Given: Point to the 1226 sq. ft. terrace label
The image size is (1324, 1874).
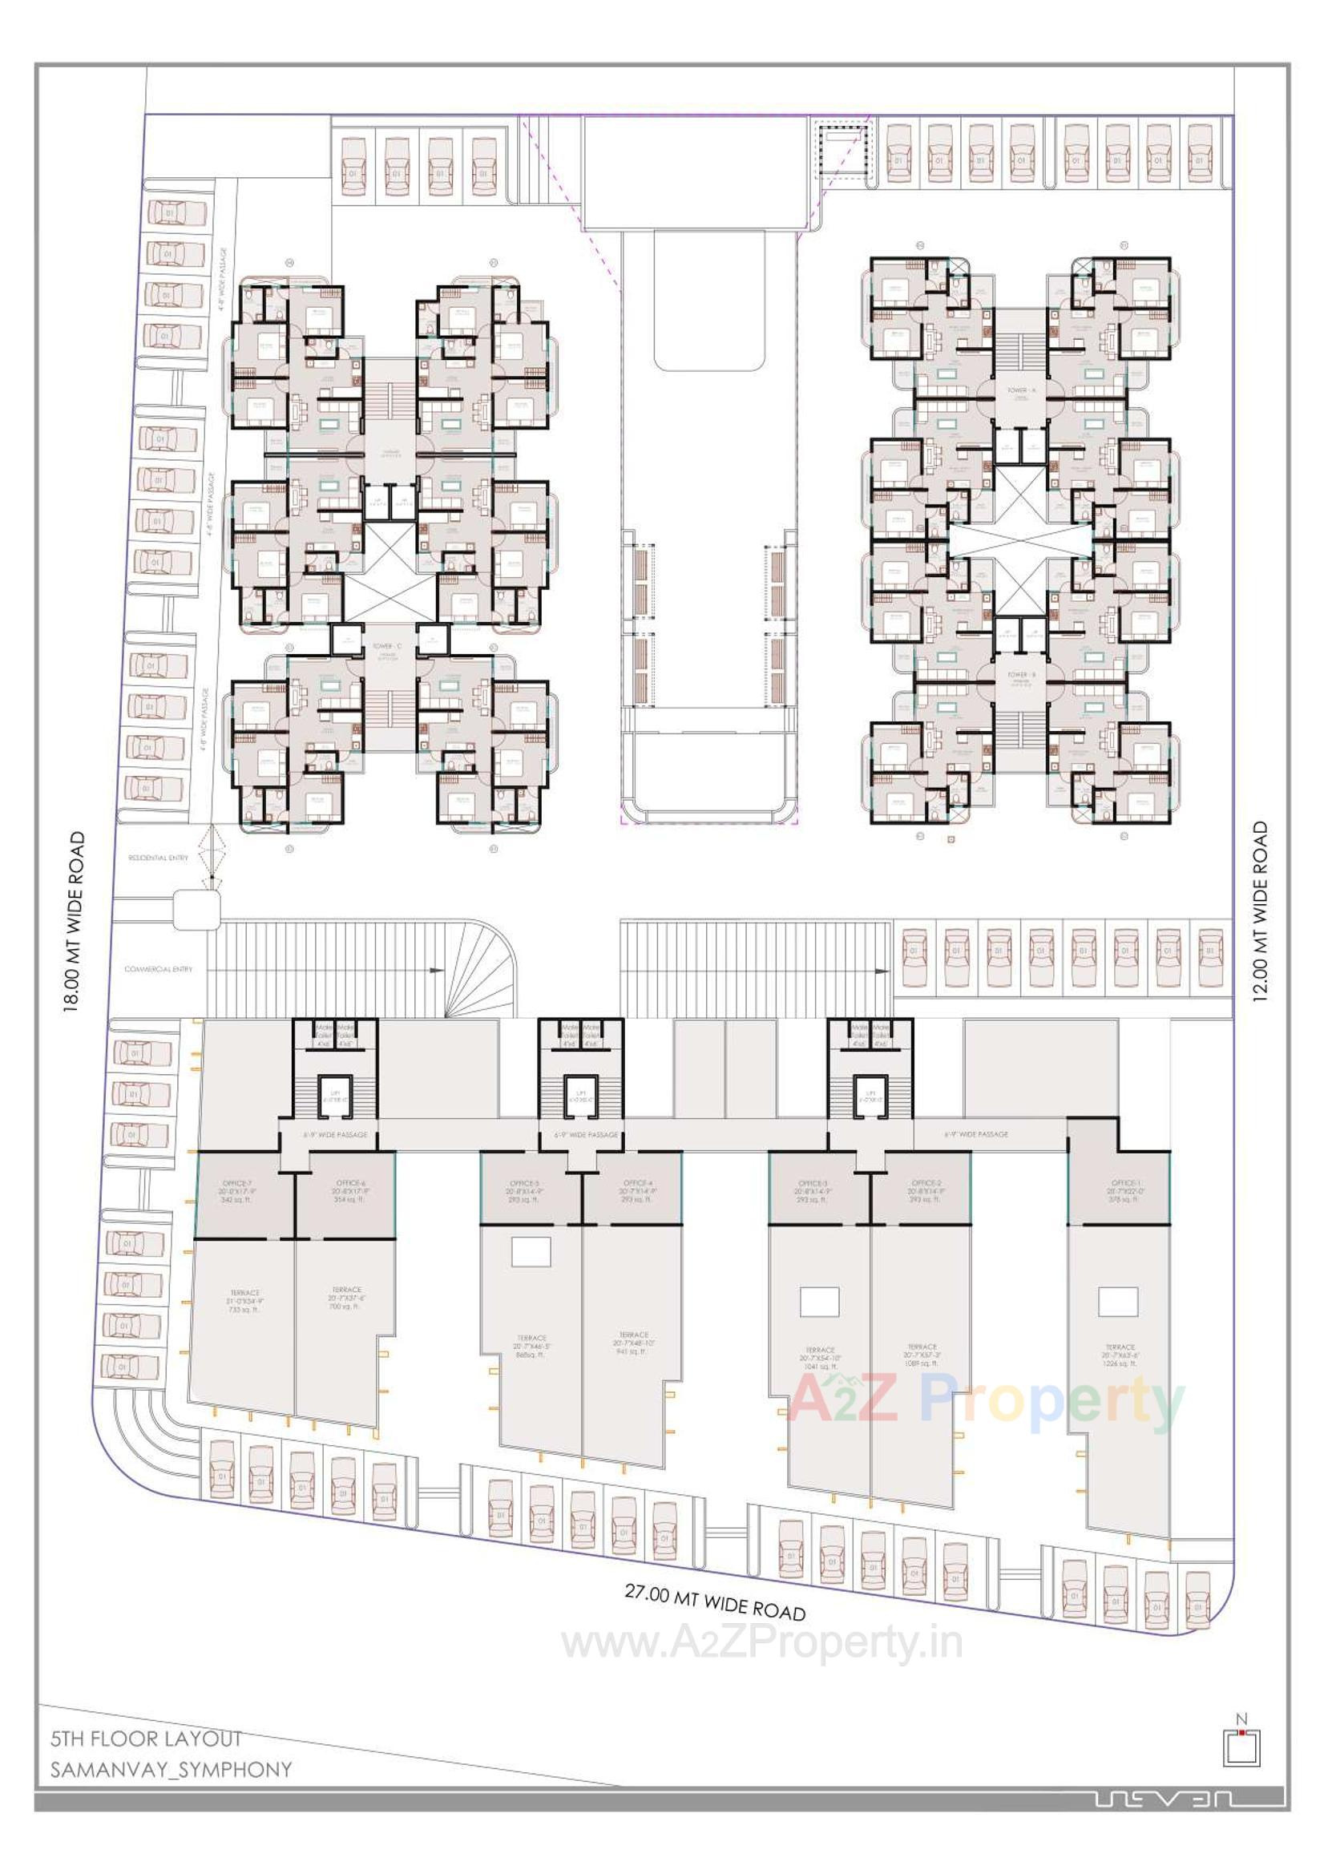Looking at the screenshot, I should click(x=1121, y=1355).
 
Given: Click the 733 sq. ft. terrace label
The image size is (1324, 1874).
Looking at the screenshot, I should click(x=244, y=1301).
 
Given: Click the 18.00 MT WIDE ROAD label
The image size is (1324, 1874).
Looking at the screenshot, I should click(x=75, y=922).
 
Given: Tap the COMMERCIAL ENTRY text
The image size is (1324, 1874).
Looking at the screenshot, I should click(x=159, y=969).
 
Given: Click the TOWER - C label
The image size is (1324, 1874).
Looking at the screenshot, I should click(x=388, y=645).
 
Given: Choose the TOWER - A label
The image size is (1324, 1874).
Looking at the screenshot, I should click(x=1020, y=390).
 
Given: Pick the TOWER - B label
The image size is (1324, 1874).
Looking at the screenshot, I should click(x=1020, y=674).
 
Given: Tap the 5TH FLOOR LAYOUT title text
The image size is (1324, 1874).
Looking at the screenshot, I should click(x=146, y=1739).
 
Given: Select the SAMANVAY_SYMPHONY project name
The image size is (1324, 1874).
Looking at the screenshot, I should click(x=171, y=1769).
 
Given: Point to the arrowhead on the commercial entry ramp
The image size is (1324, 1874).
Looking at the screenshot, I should click(x=437, y=971).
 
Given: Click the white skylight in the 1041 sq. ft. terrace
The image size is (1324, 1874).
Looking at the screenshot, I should click(x=819, y=1302).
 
